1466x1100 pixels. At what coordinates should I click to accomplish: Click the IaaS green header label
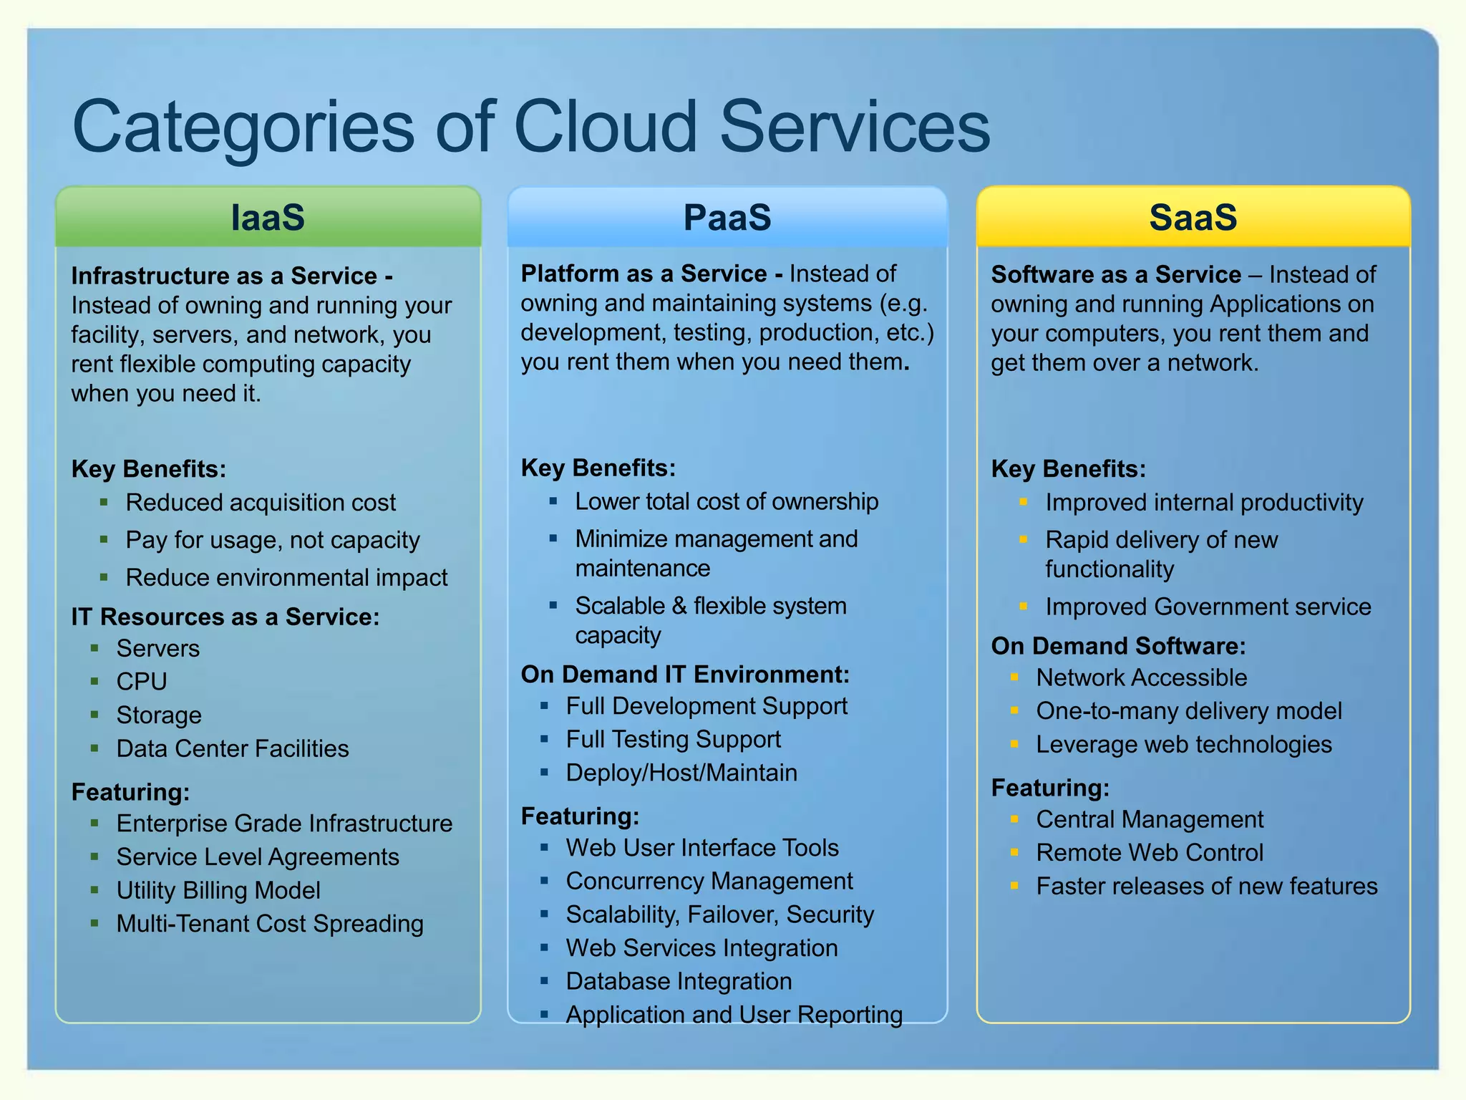268,217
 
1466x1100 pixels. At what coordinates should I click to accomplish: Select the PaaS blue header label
727,217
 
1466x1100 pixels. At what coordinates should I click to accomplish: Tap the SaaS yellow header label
1193,217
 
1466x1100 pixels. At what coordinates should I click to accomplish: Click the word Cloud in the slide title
606,127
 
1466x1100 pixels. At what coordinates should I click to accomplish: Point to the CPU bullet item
142,681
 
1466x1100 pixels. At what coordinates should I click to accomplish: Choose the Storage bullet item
159,715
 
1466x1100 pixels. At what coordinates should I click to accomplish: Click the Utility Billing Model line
218,890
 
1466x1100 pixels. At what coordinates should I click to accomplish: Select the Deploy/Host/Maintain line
681,773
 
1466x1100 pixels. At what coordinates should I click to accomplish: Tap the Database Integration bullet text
679,981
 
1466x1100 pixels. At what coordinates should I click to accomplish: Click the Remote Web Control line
1150,852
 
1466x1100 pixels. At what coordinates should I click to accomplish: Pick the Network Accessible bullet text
1142,677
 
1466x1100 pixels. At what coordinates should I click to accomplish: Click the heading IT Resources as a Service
225,617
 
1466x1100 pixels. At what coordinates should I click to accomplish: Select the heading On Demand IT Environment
685,675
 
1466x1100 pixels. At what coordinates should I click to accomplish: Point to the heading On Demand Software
1118,646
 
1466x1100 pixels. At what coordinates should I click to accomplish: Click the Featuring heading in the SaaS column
1050,788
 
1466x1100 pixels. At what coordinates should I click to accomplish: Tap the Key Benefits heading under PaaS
598,468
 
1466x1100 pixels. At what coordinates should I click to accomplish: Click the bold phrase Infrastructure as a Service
224,276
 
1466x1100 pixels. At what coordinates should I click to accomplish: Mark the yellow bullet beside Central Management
1014,819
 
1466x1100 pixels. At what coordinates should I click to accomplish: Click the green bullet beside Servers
94,648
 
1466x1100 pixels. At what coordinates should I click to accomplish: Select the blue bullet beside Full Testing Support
544,739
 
